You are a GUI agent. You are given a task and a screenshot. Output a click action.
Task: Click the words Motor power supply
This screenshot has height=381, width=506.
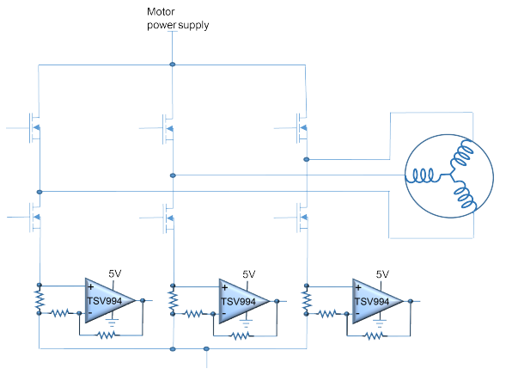tap(178, 19)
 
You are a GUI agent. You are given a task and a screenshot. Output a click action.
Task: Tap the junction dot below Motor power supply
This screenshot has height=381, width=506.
tap(173, 65)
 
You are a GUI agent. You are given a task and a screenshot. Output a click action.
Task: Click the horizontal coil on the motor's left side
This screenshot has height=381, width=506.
tap(423, 176)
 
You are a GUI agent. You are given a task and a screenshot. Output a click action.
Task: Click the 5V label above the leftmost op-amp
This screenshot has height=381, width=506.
tap(114, 273)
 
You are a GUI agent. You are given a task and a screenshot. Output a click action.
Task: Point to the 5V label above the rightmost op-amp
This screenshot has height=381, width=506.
tap(382, 274)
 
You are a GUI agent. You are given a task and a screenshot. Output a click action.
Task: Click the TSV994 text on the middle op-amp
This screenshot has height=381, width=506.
tap(238, 302)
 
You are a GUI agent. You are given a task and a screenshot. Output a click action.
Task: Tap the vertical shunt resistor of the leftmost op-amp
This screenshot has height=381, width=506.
tap(40, 299)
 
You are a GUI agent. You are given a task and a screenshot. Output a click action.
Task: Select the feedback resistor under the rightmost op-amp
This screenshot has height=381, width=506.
tap(375, 336)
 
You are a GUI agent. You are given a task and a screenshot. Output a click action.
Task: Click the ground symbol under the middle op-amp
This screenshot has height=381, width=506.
tap(246, 323)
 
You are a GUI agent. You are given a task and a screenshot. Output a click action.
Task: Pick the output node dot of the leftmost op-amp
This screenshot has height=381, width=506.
tap(143, 300)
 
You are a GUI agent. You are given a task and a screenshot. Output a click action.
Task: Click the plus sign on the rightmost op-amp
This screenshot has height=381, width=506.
tap(358, 287)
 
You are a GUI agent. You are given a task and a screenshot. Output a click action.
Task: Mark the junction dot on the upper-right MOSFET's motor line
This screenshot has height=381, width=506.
tap(307, 159)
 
